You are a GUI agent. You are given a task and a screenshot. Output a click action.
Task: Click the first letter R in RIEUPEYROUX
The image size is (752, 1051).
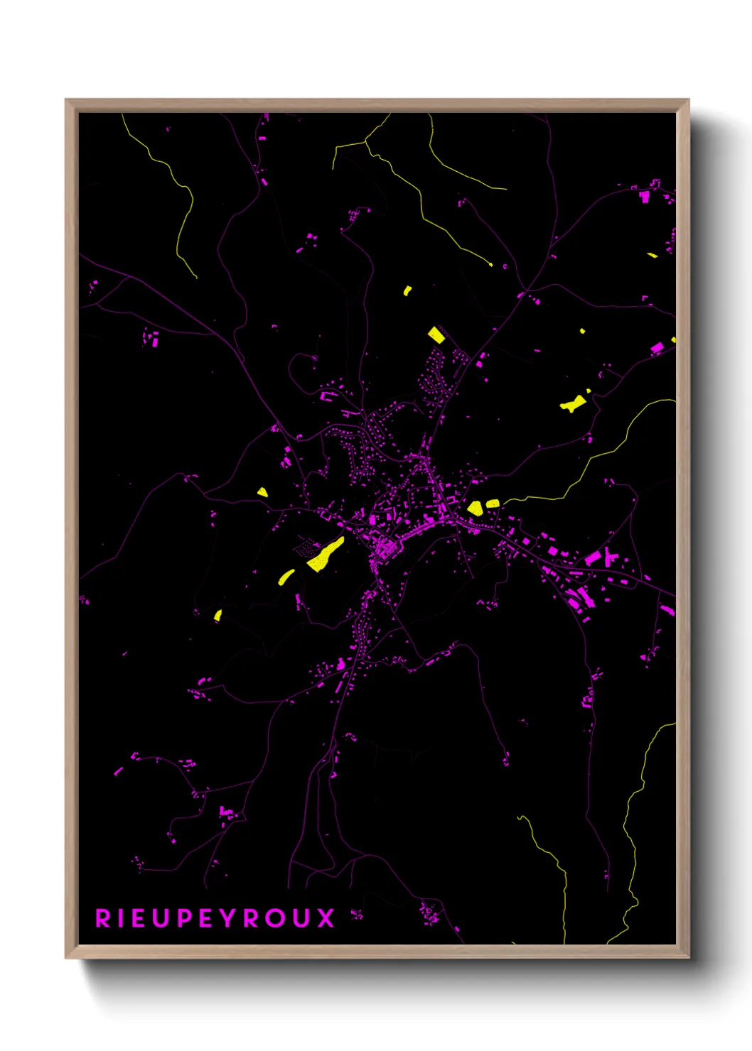[x=103, y=918]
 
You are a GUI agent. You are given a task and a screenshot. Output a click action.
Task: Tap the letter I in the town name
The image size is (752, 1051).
[x=122, y=918]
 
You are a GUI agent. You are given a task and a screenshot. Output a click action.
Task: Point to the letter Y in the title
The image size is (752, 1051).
[x=228, y=918]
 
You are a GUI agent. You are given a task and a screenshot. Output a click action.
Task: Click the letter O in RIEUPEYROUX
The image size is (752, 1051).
[x=276, y=918]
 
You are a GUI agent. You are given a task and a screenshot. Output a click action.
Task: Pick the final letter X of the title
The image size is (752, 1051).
[x=326, y=918]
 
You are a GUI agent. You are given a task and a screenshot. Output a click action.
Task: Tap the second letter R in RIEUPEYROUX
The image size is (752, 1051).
[x=252, y=918]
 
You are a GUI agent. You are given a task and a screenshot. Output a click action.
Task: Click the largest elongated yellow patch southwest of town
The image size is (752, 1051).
[x=326, y=555]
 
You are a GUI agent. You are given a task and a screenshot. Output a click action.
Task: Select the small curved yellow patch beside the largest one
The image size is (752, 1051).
[x=286, y=577]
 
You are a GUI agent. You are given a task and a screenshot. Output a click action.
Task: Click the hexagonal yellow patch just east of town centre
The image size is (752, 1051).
[x=475, y=508]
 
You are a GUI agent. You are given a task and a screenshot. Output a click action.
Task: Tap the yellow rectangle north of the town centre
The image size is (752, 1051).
[x=436, y=335]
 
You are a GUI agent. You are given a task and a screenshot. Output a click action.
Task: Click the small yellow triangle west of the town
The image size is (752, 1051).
[x=262, y=492]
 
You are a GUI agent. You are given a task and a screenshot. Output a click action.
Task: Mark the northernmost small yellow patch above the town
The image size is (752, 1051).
[x=407, y=290]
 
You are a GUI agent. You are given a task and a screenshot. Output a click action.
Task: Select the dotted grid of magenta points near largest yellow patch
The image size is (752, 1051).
[x=306, y=546]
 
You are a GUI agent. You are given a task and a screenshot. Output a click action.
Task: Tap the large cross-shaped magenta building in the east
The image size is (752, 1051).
[x=609, y=556]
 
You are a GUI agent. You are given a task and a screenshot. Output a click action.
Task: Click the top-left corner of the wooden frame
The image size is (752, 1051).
[x=67, y=101]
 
